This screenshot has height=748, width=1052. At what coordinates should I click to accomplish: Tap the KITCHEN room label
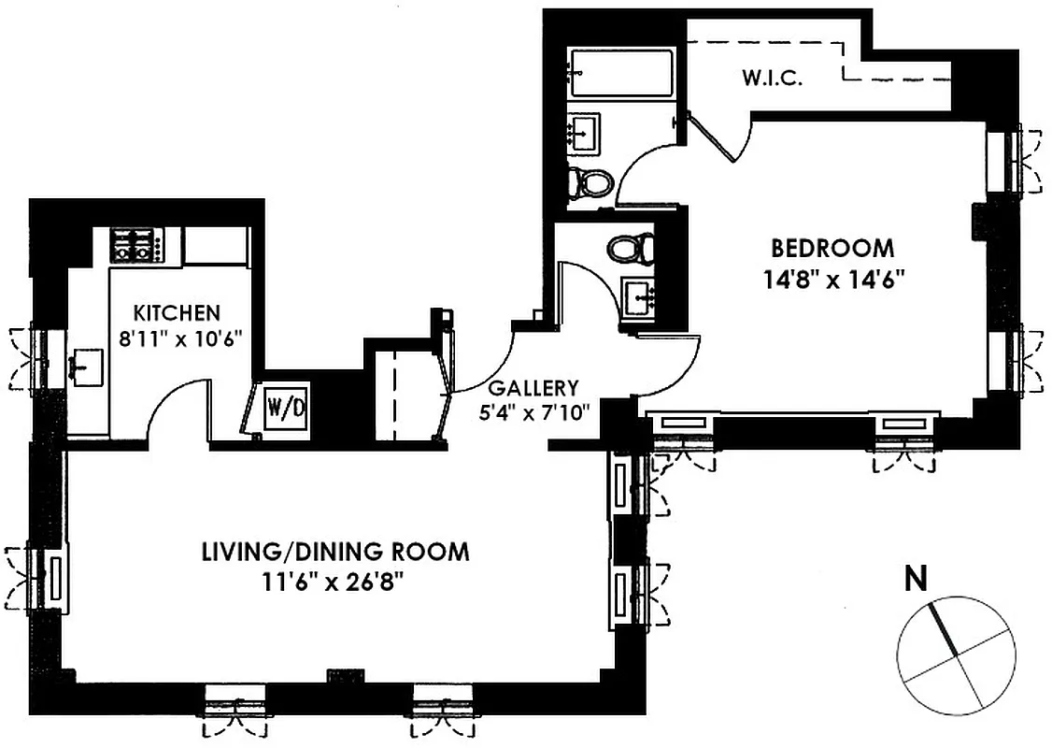pos(177,312)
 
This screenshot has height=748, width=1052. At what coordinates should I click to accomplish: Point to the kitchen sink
pos(89,366)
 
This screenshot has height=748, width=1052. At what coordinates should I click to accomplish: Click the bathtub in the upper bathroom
pos(622,73)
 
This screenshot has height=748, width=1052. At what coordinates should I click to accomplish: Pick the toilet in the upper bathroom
pos(590,181)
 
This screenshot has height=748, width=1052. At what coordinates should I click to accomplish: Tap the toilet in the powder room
pos(630,249)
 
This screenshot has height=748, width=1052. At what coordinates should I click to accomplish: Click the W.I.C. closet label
pos(773,79)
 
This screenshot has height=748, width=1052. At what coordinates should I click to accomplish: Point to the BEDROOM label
pos(832,249)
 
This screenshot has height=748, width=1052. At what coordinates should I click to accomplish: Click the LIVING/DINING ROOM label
pos(335,552)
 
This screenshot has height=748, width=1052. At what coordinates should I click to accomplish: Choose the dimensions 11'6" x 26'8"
pos(335,580)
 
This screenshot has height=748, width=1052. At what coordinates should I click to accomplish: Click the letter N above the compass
pos(916,581)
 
